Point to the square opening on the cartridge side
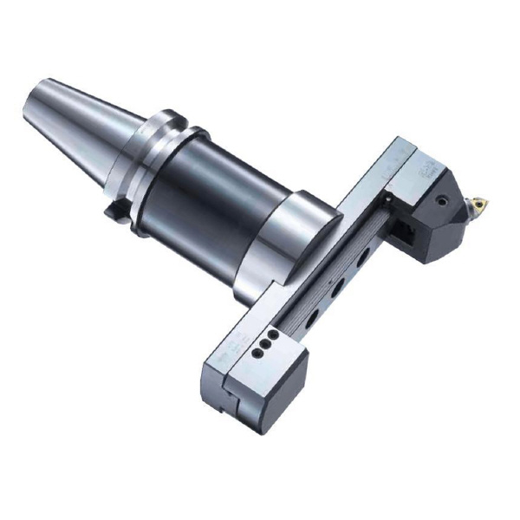coord(405,232)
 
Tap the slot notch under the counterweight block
coord(231,407)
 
